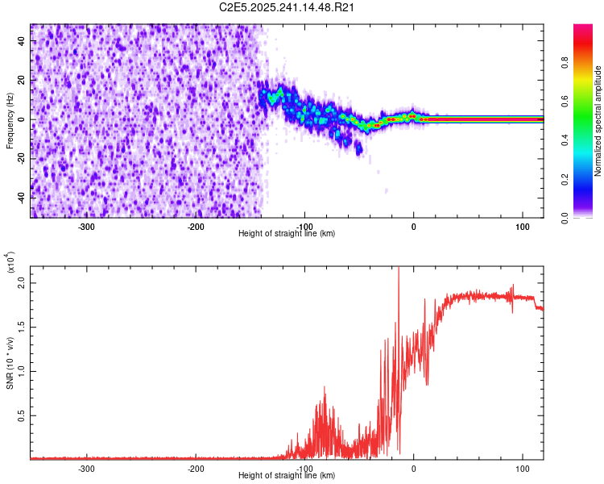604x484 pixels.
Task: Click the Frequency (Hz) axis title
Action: coord(10,121)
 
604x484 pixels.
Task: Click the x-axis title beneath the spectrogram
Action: coord(287,234)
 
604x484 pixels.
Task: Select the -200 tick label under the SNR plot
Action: coord(195,468)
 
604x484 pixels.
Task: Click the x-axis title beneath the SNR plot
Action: coord(287,475)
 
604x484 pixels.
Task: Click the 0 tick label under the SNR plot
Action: coord(414,468)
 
